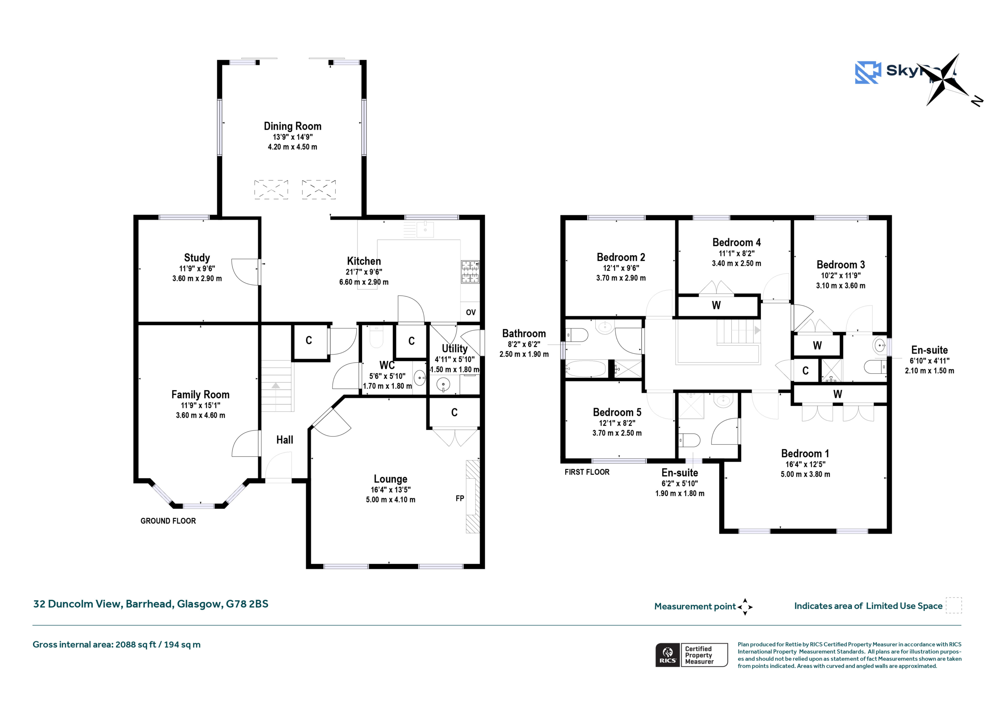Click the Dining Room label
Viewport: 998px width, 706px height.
(x=292, y=126)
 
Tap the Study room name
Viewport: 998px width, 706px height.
(x=197, y=257)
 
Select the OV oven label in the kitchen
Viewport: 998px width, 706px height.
(x=471, y=312)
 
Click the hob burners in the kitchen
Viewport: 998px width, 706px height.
(x=470, y=272)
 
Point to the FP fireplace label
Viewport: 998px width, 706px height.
(x=460, y=498)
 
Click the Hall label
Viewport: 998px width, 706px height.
(x=285, y=440)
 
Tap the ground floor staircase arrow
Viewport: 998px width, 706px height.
(x=276, y=385)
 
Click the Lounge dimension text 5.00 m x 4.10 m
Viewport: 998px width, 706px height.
(x=390, y=500)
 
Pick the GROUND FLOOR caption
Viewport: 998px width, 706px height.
(x=168, y=521)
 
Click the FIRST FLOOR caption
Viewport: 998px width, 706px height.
(x=587, y=472)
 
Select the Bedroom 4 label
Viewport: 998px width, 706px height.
(x=736, y=242)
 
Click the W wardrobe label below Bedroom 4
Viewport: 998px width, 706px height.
(x=716, y=305)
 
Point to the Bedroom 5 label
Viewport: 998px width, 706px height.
(x=617, y=412)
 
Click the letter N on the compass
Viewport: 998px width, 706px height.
(x=977, y=101)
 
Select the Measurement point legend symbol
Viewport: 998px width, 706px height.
(x=745, y=607)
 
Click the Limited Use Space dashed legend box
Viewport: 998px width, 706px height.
(x=954, y=605)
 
